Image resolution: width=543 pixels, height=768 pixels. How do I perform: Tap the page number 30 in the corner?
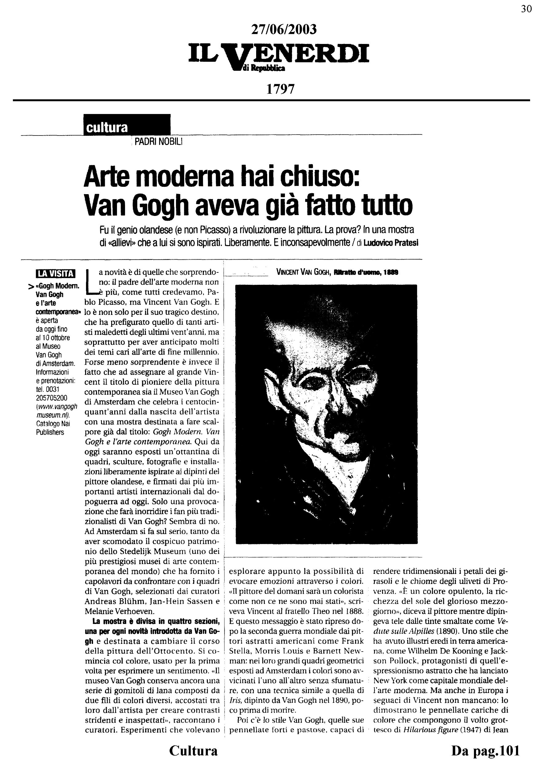[x=526, y=9]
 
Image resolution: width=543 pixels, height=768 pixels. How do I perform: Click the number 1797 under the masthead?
[x=280, y=89]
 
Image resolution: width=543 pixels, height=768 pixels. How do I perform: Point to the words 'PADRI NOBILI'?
[x=158, y=142]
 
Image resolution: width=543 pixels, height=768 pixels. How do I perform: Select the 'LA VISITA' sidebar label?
[x=56, y=274]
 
